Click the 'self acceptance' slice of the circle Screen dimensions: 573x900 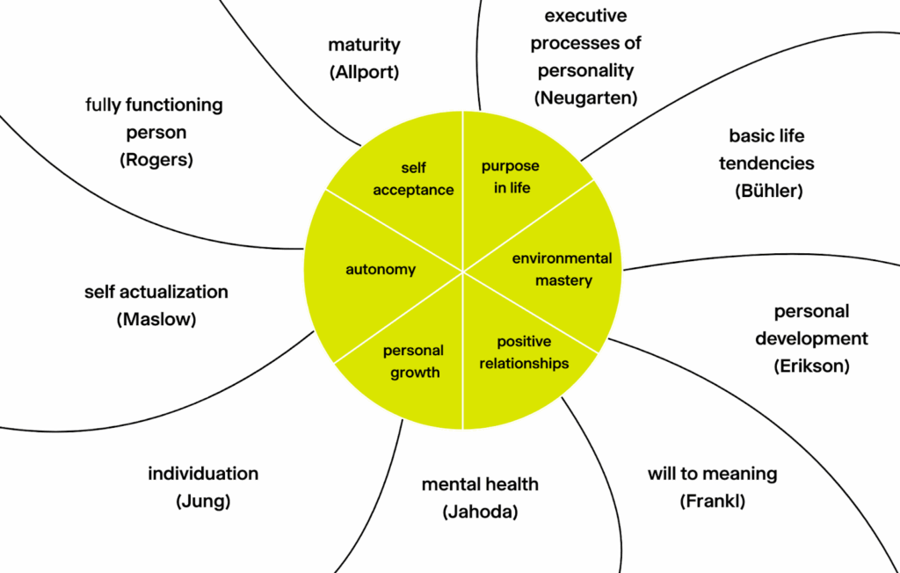413,178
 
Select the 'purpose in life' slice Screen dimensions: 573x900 510,177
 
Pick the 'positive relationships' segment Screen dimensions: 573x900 524,352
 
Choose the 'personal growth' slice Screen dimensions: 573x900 413,361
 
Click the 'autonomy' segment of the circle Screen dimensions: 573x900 380,270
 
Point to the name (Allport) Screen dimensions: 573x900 364,73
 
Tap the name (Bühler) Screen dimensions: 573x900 766,191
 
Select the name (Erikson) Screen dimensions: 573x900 811,366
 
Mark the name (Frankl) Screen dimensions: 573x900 712,502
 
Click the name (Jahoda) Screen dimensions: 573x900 480,511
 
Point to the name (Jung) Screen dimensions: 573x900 203,502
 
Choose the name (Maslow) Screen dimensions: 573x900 156,319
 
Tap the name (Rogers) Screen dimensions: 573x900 154,160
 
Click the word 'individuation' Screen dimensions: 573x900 203,474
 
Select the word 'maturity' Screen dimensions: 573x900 364,45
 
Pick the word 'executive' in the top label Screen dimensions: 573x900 585,16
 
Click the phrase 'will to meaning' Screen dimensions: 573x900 712,474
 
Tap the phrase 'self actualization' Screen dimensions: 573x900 156,292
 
